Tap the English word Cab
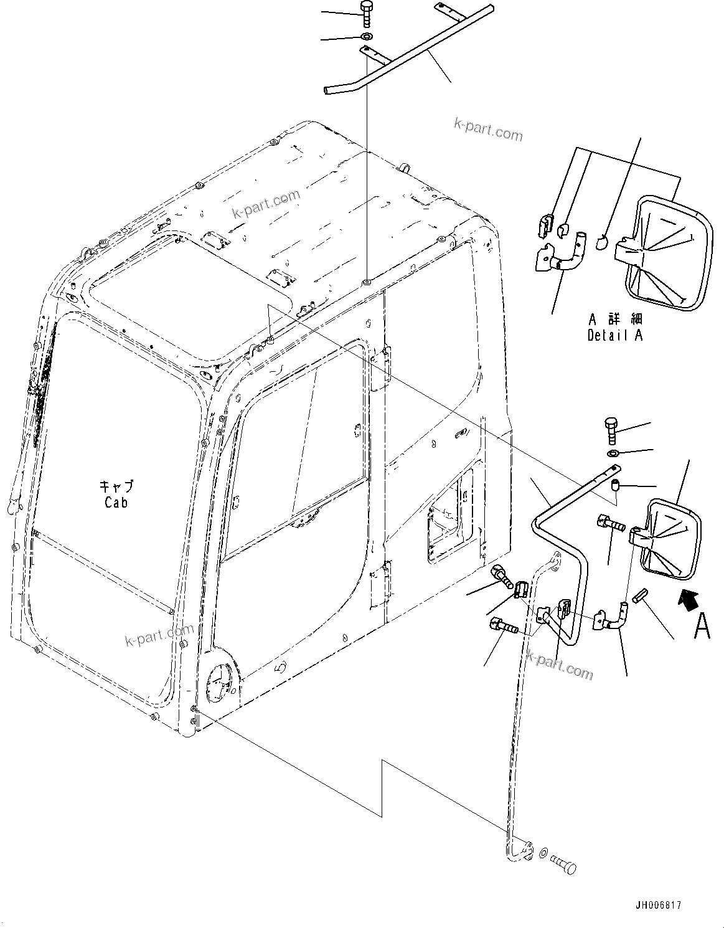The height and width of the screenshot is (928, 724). click(116, 503)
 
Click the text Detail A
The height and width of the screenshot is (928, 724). click(615, 335)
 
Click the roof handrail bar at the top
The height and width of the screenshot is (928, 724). click(411, 50)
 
